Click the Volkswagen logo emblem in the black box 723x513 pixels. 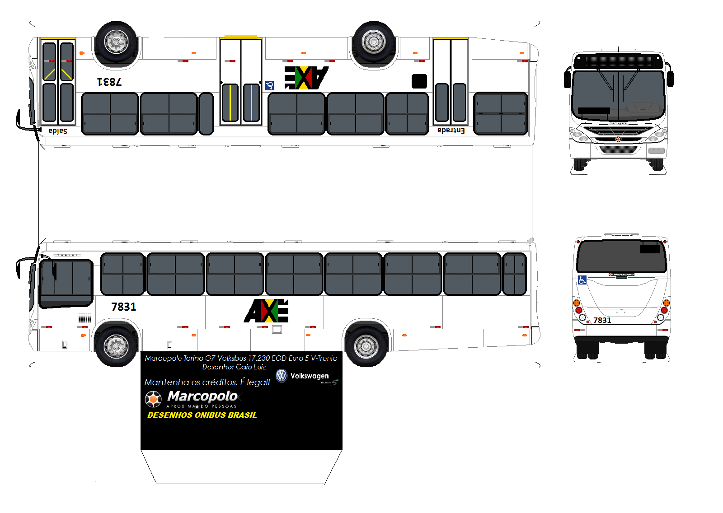[x=282, y=376]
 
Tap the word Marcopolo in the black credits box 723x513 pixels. [x=202, y=396]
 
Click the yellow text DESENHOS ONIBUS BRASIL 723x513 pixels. [x=202, y=415]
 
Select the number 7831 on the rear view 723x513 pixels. [x=602, y=320]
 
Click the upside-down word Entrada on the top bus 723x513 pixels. [x=451, y=131]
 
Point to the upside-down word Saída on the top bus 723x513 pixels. [x=58, y=131]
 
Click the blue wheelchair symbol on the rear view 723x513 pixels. [x=582, y=280]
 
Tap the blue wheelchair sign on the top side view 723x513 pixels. [x=270, y=86]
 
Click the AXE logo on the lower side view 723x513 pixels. [x=267, y=311]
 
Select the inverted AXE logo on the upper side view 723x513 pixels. [x=306, y=78]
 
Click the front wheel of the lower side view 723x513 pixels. [x=116, y=346]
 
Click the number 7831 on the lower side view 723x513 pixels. [x=123, y=307]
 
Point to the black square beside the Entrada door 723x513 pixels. [x=419, y=81]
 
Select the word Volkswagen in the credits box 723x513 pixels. [x=310, y=376]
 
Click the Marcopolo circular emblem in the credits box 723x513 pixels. [x=153, y=399]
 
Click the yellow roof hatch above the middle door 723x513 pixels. [x=240, y=37]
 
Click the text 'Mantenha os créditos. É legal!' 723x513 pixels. [x=207, y=382]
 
